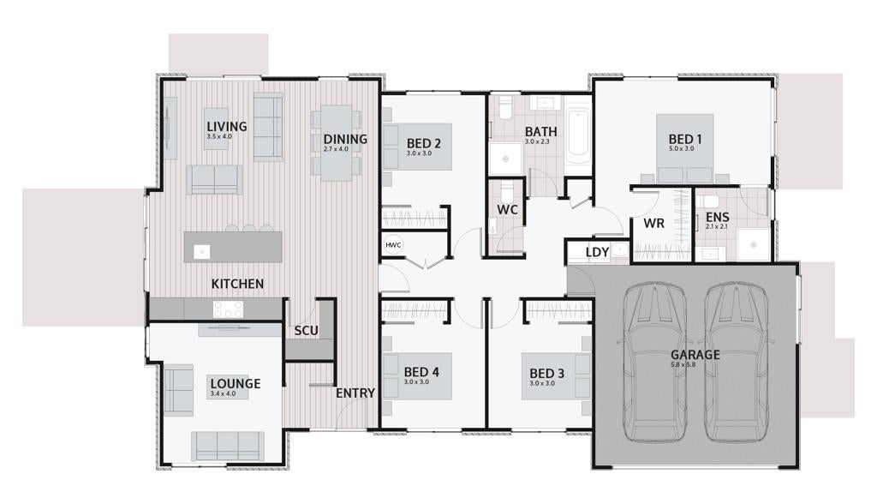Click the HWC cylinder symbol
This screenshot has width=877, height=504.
tap(393, 245)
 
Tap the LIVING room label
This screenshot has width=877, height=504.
tap(226, 127)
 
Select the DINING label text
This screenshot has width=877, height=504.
tap(345, 139)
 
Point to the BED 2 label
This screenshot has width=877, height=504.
tap(423, 143)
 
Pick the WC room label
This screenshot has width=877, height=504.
tap(507, 210)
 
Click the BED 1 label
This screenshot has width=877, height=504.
tap(685, 139)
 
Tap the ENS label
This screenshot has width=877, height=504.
tap(717, 217)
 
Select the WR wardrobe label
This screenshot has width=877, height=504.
tap(653, 224)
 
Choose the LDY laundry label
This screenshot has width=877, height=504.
tap(597, 253)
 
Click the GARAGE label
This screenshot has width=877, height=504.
tap(695, 355)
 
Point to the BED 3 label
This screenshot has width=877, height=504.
tap(546, 374)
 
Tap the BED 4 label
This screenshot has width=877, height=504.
tap(421, 372)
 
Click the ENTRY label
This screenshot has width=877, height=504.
tap(355, 393)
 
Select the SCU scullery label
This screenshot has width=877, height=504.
tap(306, 331)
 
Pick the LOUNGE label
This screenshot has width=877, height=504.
tap(236, 384)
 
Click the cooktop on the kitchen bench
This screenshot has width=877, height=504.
tap(228, 309)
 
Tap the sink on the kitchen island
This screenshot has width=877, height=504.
tap(201, 252)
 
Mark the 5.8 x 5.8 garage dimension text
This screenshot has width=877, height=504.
tap(683, 364)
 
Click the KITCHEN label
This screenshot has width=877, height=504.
tap(237, 284)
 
